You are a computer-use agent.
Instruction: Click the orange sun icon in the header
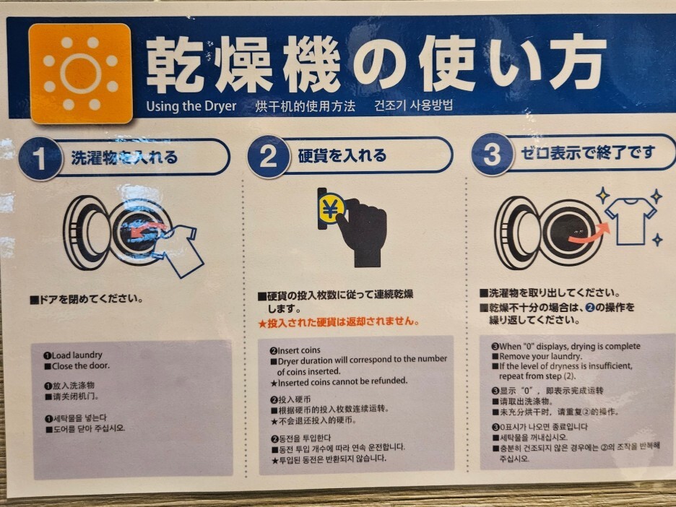point(80,73)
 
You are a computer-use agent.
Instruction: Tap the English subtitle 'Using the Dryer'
point(191,106)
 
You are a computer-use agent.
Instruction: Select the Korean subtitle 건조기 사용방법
point(413,105)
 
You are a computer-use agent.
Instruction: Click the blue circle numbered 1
point(40,158)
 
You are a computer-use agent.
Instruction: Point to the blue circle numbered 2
point(268,157)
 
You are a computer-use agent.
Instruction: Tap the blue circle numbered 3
point(493,155)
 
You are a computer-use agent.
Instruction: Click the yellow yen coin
point(331,209)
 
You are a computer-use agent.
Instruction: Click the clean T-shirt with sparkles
point(630,220)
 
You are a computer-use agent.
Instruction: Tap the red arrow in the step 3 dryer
point(589,233)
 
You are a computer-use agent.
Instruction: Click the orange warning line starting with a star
point(339,322)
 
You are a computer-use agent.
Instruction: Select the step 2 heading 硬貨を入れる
point(342,155)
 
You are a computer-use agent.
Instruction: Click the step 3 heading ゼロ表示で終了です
point(588,152)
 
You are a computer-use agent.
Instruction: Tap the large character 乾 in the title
point(174,65)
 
